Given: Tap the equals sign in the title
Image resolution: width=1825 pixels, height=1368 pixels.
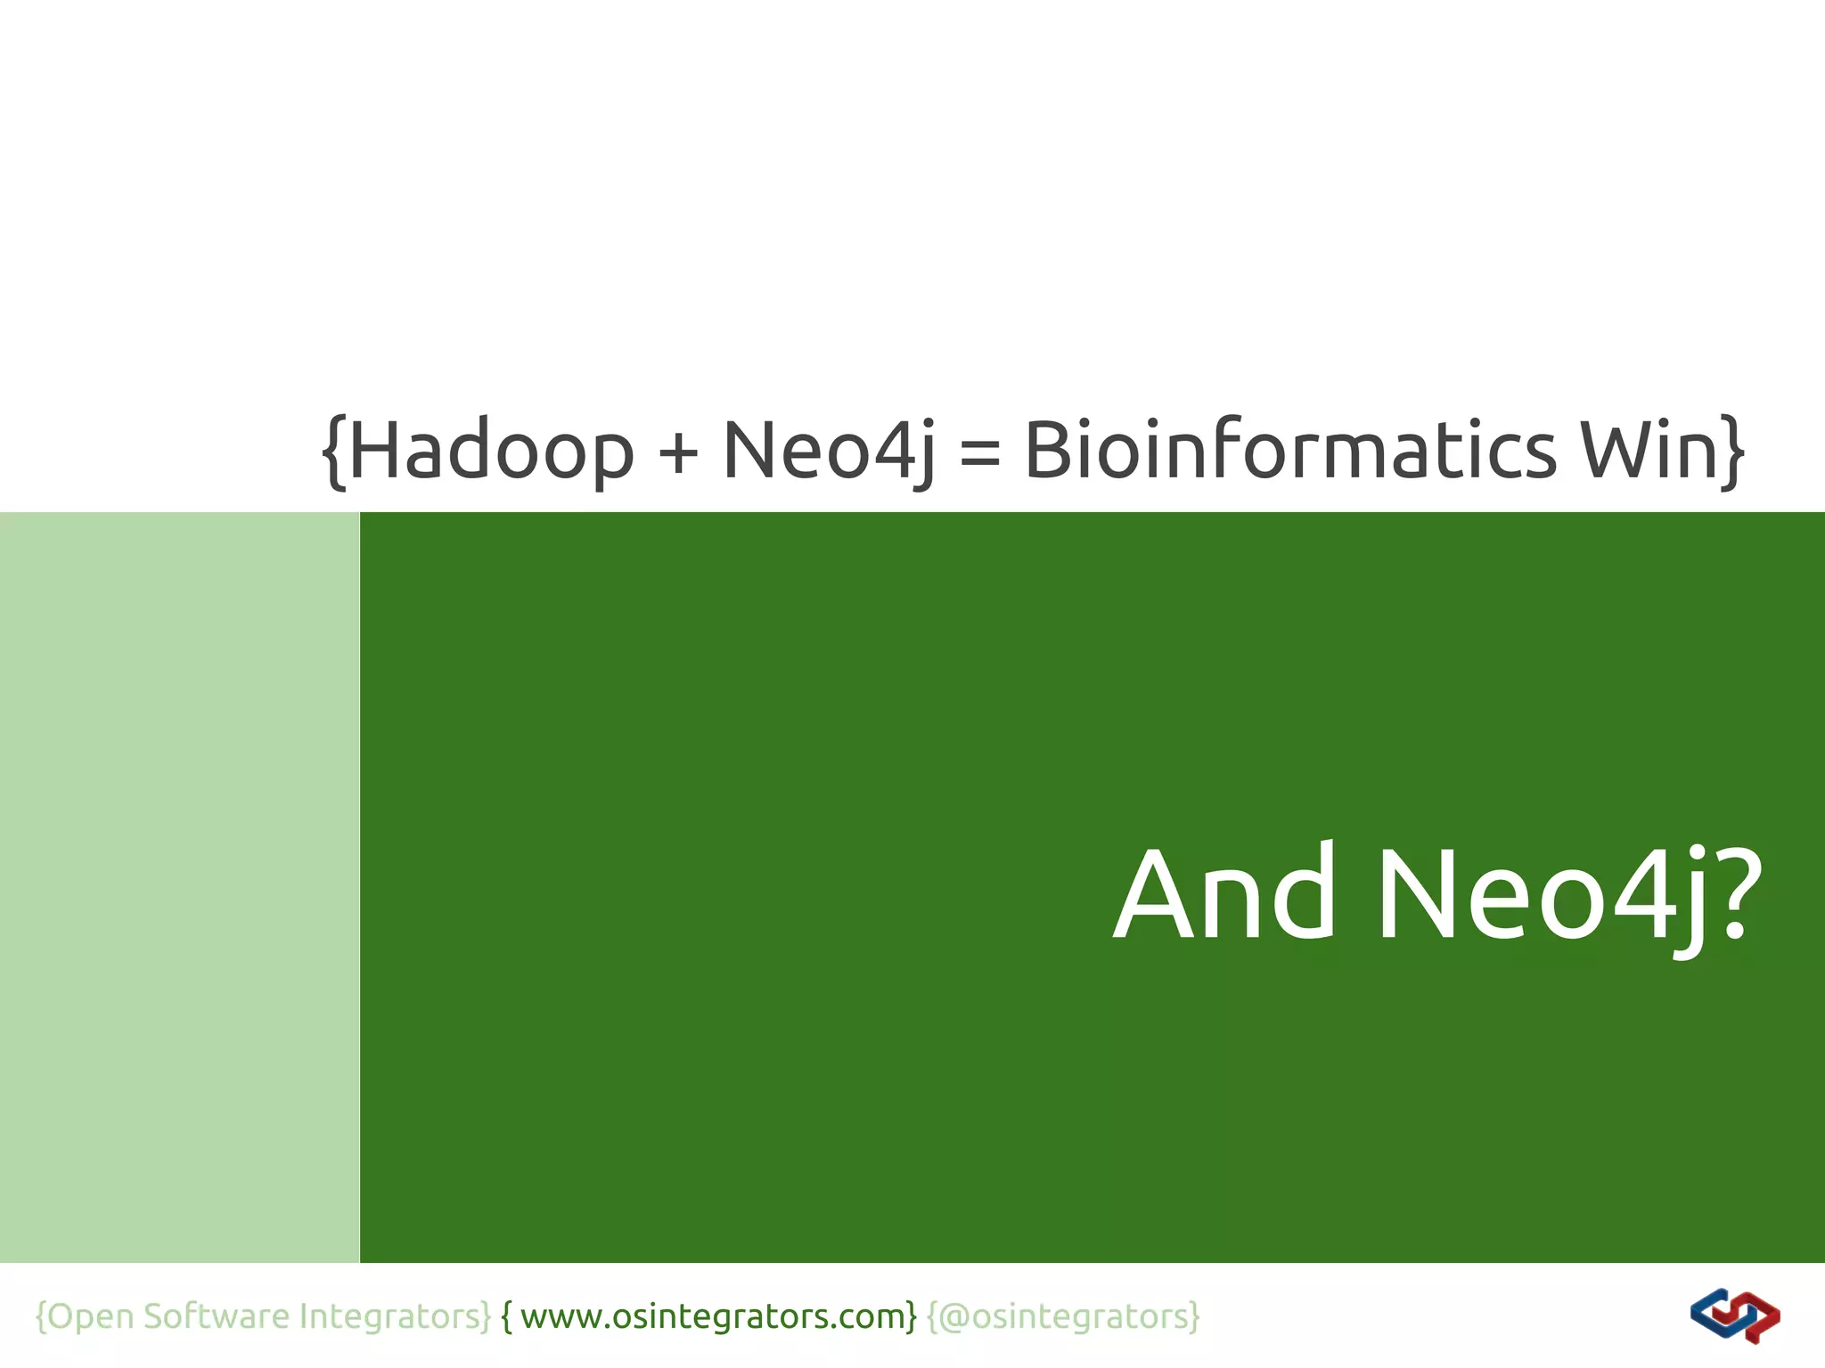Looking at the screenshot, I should click(x=980, y=452).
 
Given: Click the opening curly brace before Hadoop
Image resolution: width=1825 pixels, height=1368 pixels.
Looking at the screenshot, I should click(x=333, y=452).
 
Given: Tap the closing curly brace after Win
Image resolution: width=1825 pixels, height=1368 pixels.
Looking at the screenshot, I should click(x=1731, y=452).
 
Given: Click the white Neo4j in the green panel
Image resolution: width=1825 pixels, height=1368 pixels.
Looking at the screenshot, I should click(x=1542, y=895).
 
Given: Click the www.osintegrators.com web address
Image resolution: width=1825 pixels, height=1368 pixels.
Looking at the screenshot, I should click(x=713, y=1315).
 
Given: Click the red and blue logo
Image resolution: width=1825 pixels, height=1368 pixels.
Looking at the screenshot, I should click(x=1734, y=1315).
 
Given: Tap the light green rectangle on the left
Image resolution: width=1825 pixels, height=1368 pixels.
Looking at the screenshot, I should click(x=179, y=887).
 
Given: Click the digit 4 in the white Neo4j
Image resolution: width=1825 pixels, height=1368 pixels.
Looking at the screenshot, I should click(x=1641, y=895).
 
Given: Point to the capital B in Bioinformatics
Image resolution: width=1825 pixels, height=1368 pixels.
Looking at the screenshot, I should click(x=1047, y=450).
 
